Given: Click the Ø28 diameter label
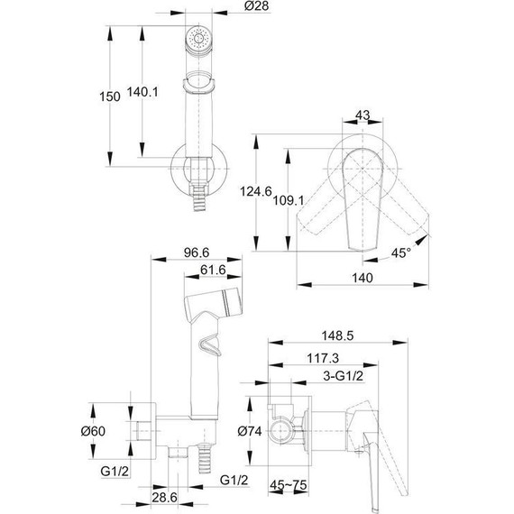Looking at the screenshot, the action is pyautogui.click(x=257, y=5).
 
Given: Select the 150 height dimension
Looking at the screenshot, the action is pyautogui.click(x=110, y=96).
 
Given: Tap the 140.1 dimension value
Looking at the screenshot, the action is pyautogui.click(x=142, y=92).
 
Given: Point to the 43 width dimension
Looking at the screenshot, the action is pyautogui.click(x=363, y=115).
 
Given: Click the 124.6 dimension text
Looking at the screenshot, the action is pyautogui.click(x=256, y=191).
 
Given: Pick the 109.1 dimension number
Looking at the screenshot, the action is pyautogui.click(x=289, y=200).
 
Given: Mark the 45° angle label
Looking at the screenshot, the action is pyautogui.click(x=401, y=252).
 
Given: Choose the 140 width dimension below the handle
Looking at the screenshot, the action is pyautogui.click(x=363, y=278).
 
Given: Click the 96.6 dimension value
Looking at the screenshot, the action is pyautogui.click(x=197, y=252).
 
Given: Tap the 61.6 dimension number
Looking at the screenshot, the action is pyautogui.click(x=213, y=270).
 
